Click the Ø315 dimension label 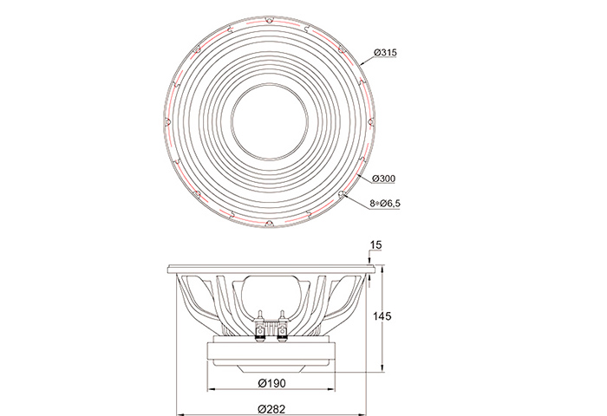click(385, 52)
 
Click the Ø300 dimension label click(383, 179)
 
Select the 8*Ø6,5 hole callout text click(385, 203)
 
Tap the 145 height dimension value click(382, 316)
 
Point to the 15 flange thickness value click(375, 245)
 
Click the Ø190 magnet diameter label click(271, 383)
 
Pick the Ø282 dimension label click(271, 409)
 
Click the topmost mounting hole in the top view click(269, 20)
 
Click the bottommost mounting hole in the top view click(269, 224)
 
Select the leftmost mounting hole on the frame click(167, 121)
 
